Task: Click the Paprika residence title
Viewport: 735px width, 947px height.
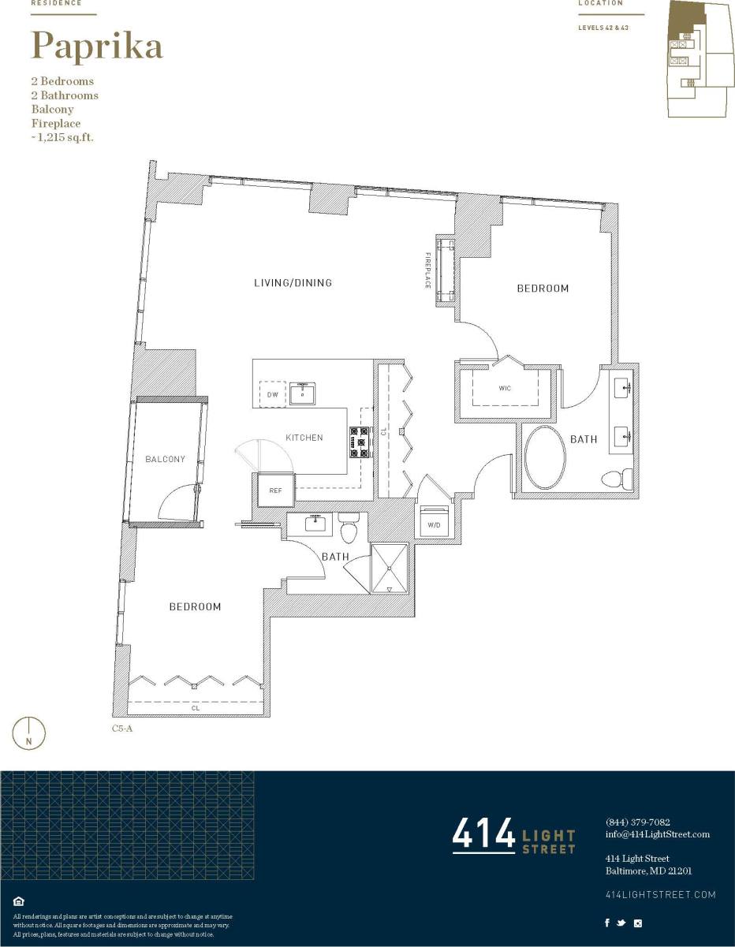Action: click(97, 46)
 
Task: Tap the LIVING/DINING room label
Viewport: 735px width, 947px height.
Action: click(293, 283)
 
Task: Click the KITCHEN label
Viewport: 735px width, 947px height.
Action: click(304, 438)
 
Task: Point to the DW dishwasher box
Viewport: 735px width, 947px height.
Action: click(272, 394)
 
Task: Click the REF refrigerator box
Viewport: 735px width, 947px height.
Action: click(275, 490)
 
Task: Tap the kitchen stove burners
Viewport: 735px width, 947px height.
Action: click(360, 442)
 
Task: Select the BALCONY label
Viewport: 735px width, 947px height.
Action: click(165, 459)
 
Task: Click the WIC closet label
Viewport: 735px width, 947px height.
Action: click(505, 389)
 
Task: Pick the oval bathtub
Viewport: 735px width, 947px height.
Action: click(545, 458)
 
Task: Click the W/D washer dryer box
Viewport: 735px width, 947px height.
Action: click(434, 524)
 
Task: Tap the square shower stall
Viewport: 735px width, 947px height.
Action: click(390, 569)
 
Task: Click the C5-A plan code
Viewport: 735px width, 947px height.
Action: click(122, 729)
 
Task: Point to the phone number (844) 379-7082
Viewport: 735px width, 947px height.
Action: click(638, 822)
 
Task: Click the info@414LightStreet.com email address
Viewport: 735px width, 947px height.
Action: click(657, 834)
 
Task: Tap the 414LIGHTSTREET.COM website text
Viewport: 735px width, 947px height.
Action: click(660, 894)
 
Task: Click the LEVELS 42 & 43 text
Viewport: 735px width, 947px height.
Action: click(603, 28)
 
